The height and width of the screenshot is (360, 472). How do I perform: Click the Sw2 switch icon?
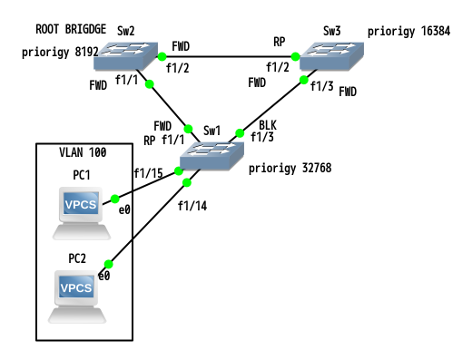coord(125,56)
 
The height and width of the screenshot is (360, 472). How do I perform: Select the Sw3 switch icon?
coord(331,56)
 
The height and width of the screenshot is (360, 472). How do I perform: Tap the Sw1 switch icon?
coord(211,156)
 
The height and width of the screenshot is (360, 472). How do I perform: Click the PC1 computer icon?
coord(82,213)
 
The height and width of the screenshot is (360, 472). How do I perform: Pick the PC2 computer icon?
coord(77,297)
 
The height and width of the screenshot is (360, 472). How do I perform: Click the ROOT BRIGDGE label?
coord(71,29)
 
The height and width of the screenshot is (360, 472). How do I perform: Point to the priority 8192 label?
coord(60,52)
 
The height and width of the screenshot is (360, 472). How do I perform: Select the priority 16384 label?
coord(408,31)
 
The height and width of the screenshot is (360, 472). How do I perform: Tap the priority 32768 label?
coord(290,168)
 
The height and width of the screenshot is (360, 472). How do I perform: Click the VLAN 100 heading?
coord(83,152)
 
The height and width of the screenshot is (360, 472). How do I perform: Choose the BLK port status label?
coord(268,125)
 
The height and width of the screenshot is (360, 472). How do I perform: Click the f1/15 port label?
coord(148,173)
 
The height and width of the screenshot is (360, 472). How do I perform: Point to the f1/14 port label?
coord(192,206)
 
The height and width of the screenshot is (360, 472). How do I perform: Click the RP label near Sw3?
coord(279,42)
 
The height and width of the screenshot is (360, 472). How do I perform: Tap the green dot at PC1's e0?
coord(115,199)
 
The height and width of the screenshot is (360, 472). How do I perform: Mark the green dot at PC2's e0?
coord(108,264)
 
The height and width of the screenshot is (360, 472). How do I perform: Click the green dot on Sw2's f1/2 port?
coord(162,56)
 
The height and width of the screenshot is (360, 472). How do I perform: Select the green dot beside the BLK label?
coord(240,133)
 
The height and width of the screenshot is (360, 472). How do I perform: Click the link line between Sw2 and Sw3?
coord(229,56)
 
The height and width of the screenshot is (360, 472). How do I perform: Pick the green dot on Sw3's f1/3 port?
coord(304,80)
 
